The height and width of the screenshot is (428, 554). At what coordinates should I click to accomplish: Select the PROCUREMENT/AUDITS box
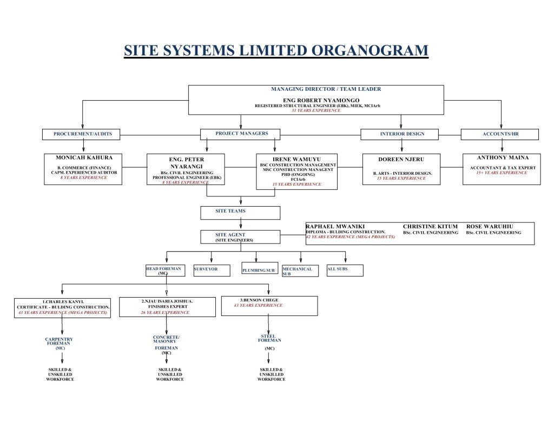tap(81, 134)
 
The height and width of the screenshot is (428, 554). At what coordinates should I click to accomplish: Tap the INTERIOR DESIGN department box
tap(402, 134)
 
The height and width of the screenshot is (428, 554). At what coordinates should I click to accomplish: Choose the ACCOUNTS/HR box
tap(499, 134)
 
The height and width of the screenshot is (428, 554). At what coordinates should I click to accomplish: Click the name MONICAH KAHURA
tap(84, 157)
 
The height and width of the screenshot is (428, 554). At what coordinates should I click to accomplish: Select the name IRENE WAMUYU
tap(296, 159)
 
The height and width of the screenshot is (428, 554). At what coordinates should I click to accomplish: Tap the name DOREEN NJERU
tap(401, 160)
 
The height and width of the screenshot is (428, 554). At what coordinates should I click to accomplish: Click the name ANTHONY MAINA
tap(503, 157)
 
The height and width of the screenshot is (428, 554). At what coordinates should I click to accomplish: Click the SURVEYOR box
tap(210, 270)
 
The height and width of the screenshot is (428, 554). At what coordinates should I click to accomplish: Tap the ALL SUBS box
tap(345, 270)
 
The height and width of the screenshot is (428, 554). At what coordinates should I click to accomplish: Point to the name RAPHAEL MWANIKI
tap(335, 226)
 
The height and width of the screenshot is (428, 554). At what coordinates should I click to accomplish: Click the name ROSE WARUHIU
tap(490, 226)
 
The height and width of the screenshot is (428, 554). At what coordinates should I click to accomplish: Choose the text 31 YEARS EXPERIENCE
tap(316, 110)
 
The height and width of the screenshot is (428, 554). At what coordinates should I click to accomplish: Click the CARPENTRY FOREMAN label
tap(59, 342)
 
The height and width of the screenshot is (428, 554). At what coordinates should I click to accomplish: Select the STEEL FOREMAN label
tap(269, 339)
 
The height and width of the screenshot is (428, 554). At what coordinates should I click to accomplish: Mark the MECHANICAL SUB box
tap(299, 271)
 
